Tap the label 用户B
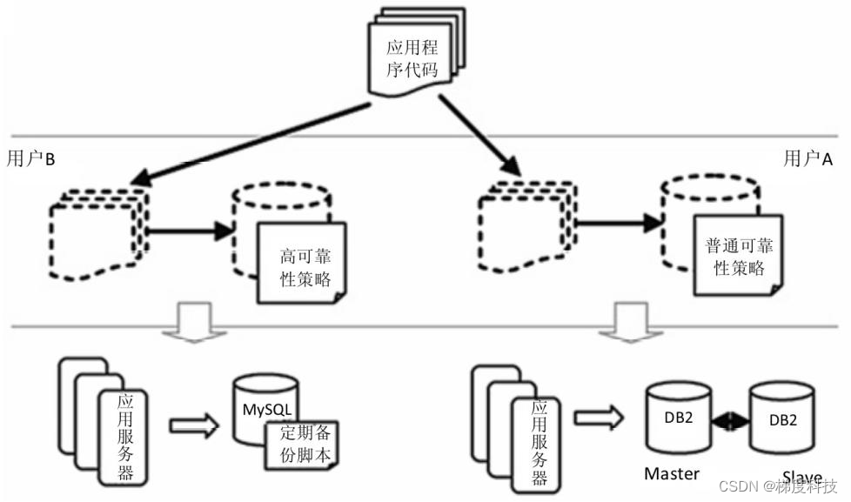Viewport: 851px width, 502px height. (x=31, y=158)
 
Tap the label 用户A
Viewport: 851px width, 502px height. (x=807, y=158)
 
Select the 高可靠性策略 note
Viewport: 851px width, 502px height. (x=301, y=262)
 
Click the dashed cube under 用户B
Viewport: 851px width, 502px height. (x=98, y=230)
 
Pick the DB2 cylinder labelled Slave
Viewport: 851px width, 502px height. (x=781, y=420)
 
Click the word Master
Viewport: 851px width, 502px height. (x=672, y=474)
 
